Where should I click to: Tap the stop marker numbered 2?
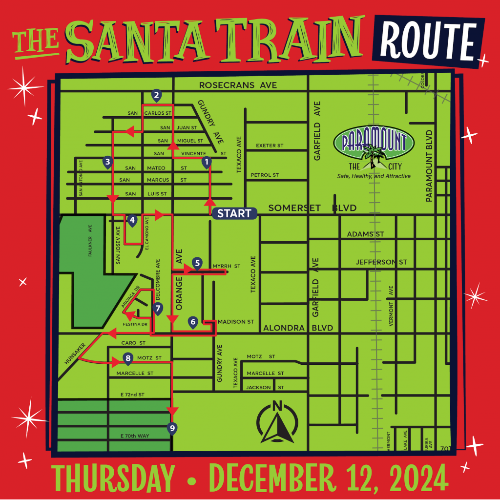tap(156, 95)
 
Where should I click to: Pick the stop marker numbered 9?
tap(171, 428)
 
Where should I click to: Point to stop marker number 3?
tap(107, 162)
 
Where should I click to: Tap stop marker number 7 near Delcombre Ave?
tap(157, 308)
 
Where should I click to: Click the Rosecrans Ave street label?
tap(238, 85)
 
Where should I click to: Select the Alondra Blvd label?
tap(298, 328)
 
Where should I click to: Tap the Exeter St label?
tap(270, 146)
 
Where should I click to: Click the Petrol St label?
tap(265, 175)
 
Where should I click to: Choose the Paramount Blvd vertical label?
tap(429, 166)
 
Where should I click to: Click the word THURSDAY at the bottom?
tap(113, 479)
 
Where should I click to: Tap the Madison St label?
tap(236, 322)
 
